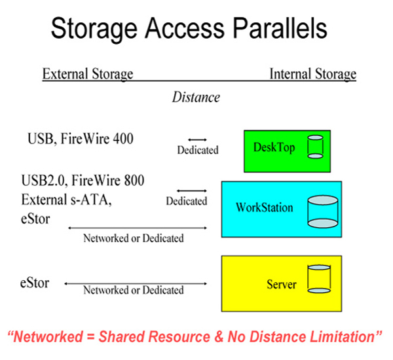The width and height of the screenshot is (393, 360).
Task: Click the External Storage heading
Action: coord(88,74)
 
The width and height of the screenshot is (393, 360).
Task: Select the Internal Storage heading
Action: coord(313,74)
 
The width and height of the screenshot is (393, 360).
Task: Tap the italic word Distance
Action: coord(196,98)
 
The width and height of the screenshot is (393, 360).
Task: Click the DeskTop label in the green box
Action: coord(274,147)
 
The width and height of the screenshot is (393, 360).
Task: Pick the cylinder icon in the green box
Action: coord(315,147)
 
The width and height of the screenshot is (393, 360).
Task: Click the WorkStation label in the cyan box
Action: coord(265,207)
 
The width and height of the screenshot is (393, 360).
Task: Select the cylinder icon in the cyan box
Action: coord(323,211)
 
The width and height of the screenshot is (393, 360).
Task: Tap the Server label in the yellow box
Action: coord(282,284)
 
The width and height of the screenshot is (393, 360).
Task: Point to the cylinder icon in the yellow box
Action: coord(319,279)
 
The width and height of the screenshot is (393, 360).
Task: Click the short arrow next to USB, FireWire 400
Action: coord(198,139)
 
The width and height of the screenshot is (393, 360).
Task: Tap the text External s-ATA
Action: coord(66,200)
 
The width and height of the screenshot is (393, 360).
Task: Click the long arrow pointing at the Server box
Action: coord(136,283)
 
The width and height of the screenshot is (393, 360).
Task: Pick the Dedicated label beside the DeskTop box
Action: coord(198,150)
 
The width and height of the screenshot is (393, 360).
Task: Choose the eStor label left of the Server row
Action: coord(35,283)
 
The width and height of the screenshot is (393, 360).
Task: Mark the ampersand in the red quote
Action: coord(219,336)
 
